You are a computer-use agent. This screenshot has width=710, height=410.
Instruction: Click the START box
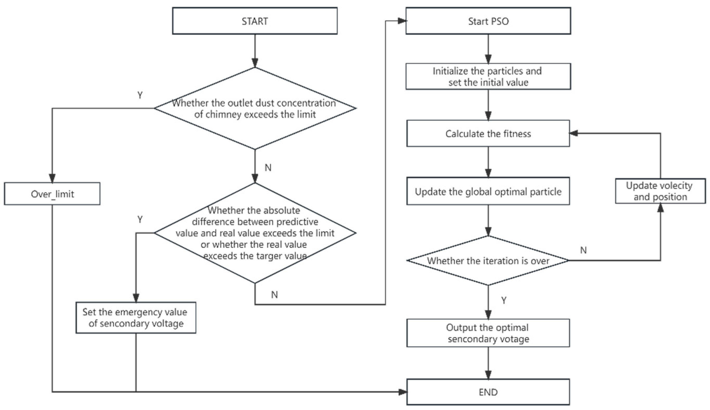pos(255,21)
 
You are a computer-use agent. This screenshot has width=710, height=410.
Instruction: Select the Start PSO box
pos(488,21)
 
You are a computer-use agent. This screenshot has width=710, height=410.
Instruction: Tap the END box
pos(488,392)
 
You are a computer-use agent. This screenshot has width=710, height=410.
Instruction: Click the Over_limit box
pos(52,194)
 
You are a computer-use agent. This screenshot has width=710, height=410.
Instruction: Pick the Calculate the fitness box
pos(488,133)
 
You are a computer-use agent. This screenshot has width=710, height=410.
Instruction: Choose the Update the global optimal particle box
pos(488,191)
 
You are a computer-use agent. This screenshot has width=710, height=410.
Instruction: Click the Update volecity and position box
pos(660,191)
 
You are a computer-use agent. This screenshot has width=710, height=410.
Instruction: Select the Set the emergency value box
pos(136,317)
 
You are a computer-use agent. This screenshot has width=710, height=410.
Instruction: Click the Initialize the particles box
pos(488,76)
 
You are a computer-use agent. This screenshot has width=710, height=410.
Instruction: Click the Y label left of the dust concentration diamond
pos(140,95)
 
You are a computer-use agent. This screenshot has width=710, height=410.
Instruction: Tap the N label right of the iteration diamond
pos(583,250)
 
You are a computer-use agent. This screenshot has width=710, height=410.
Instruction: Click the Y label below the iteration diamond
pos(504,300)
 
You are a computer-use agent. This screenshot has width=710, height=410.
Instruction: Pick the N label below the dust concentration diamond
pos(268,167)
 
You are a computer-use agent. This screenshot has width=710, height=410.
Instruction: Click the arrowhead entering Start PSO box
pos(402,21)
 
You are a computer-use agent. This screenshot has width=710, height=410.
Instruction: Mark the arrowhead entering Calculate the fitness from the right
pos(573,133)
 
